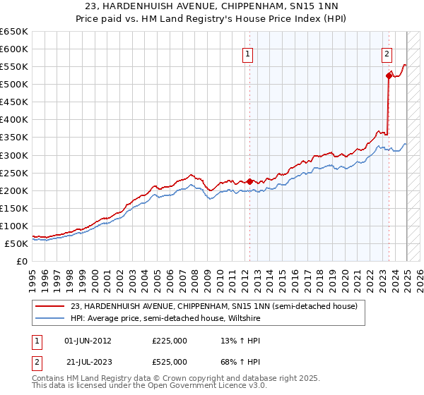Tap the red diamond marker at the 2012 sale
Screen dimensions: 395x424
pos(249,181)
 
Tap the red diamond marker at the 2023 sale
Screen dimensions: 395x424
pos(389,75)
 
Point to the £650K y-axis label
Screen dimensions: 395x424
pos(13,32)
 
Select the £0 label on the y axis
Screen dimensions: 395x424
pos(20,262)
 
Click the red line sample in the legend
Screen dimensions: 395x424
pos(50,306)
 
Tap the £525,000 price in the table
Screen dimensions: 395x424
pos(170,362)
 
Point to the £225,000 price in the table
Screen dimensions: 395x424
pos(170,341)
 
